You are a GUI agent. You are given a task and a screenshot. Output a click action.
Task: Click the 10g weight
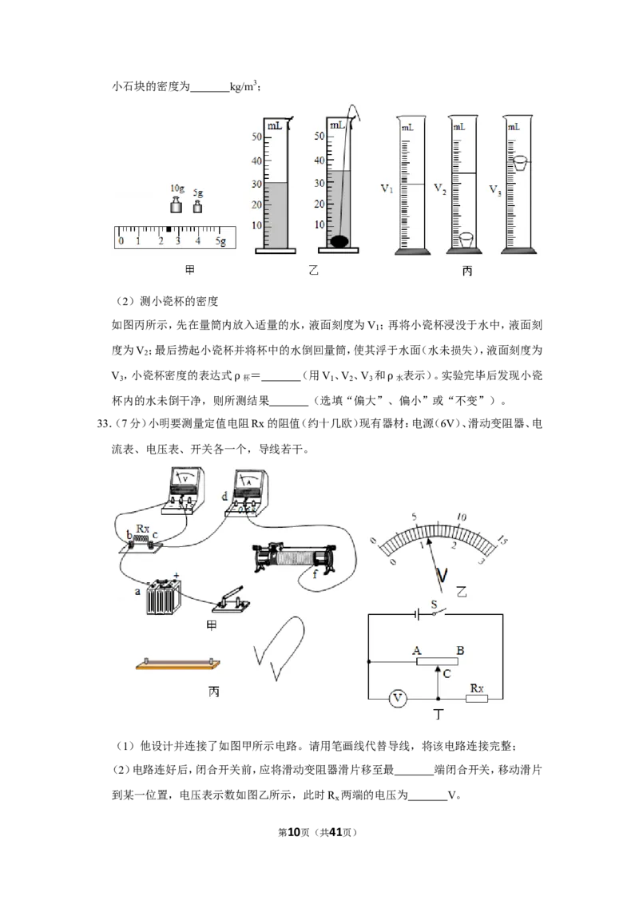(177, 204)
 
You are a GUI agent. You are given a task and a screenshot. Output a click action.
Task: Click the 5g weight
(198, 206)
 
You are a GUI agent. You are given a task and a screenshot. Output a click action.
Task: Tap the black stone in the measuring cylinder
(339, 241)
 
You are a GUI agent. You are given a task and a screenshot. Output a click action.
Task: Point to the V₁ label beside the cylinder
(387, 188)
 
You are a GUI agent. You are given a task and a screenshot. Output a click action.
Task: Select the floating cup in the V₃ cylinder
(520, 163)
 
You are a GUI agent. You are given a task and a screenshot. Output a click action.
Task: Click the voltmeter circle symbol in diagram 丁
(397, 699)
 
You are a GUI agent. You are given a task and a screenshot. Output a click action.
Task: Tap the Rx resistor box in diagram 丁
(476, 699)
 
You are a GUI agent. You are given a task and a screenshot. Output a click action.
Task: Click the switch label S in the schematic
(435, 605)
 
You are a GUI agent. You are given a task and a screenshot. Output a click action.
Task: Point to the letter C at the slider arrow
(447, 674)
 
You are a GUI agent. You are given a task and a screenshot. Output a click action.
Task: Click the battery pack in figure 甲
(164, 594)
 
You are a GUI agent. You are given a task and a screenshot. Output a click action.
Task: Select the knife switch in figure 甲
(232, 601)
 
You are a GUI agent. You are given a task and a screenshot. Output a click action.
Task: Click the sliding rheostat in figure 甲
(295, 557)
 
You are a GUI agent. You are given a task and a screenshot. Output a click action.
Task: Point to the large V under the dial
(442, 575)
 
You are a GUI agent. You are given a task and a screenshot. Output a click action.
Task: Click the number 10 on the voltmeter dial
(462, 517)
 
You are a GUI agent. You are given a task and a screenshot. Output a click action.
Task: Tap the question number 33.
(103, 424)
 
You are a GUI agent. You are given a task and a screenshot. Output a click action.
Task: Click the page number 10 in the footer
(294, 832)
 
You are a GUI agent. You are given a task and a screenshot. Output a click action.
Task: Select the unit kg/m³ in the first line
(244, 86)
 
